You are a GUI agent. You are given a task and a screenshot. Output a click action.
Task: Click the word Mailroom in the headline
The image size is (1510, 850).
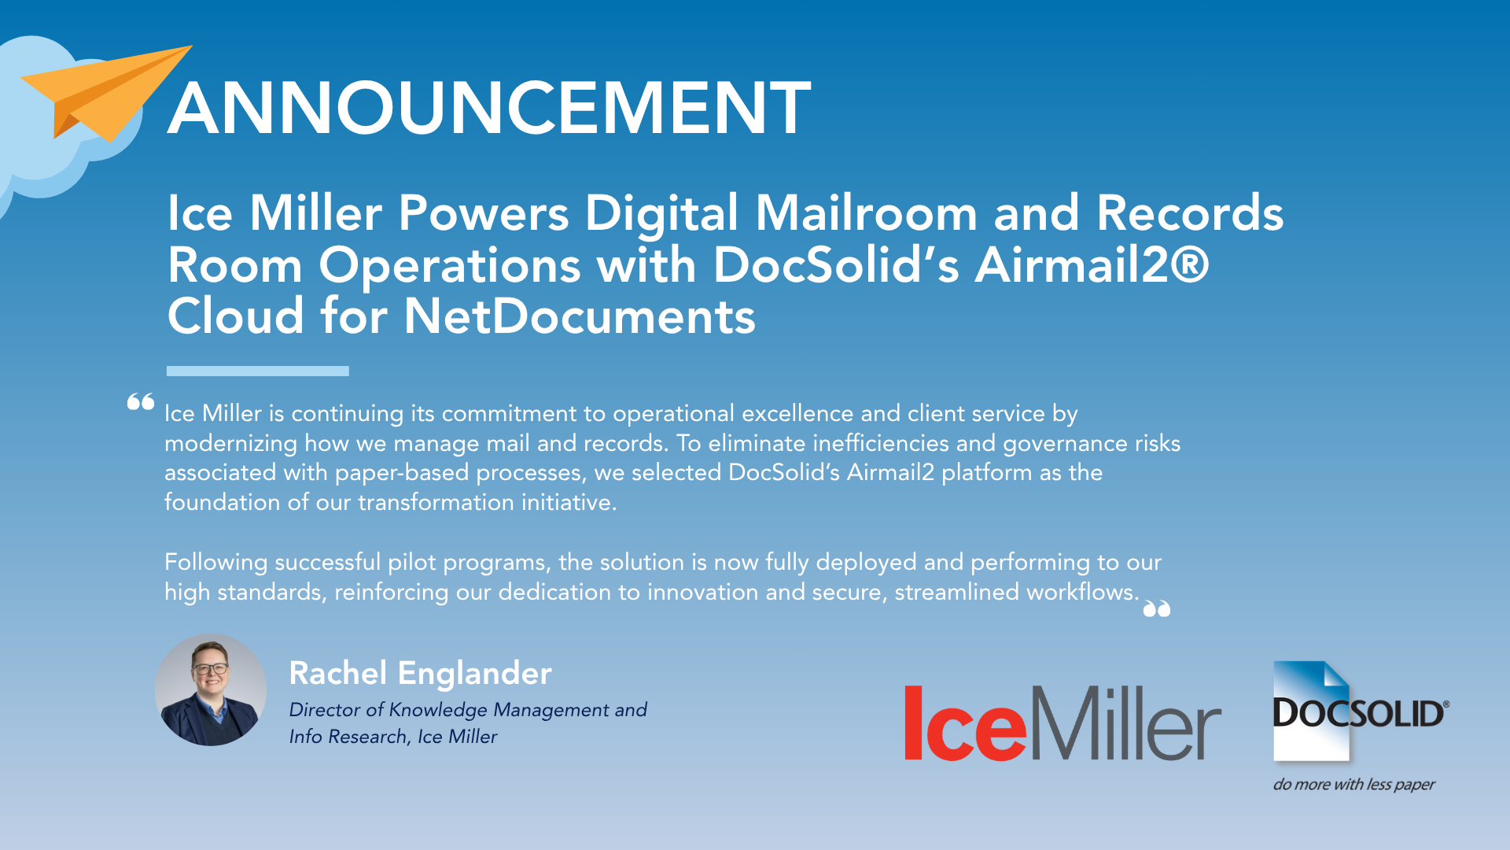(866, 213)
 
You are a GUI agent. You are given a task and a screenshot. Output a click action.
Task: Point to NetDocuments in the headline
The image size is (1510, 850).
(580, 316)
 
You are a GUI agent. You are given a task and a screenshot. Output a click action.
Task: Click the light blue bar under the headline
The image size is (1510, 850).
(258, 371)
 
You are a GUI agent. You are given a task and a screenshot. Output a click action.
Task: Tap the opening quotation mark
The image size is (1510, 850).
(141, 402)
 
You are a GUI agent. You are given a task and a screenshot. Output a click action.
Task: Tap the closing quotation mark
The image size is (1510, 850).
(1157, 608)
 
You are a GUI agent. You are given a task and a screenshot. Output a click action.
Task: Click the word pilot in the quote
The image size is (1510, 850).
(411, 563)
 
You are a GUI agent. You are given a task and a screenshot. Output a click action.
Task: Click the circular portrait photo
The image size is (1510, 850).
(211, 690)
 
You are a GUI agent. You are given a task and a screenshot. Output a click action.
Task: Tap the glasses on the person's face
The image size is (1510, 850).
(210, 669)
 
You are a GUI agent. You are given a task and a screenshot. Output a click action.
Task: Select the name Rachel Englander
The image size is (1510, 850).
(420, 674)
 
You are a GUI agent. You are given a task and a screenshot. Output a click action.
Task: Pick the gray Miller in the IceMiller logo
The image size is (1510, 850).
(1125, 722)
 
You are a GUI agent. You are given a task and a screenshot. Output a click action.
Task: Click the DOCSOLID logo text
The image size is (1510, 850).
(1360, 713)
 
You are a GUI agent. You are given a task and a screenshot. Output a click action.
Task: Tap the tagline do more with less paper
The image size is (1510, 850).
(1354, 785)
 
